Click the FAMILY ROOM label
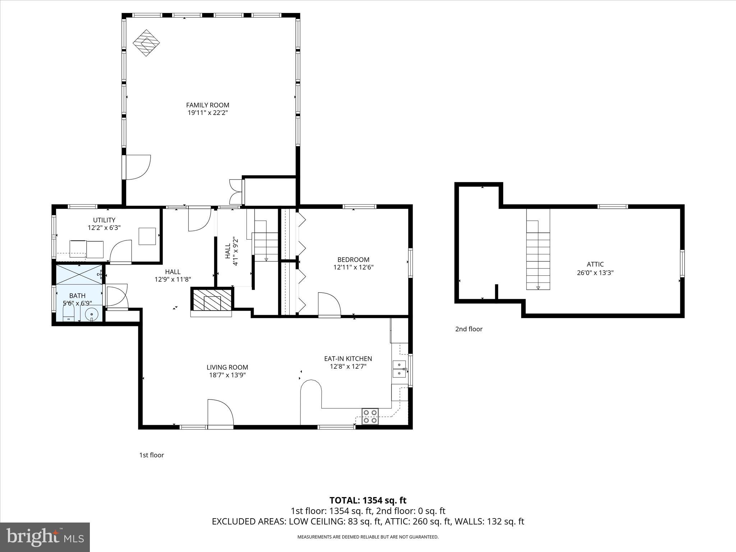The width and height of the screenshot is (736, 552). coord(207,105)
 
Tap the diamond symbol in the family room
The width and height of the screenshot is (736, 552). coord(146,42)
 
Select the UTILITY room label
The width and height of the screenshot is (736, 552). coord(104,220)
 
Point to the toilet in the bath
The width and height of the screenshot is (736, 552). coord(68,313)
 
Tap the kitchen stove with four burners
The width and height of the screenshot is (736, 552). coord(370,416)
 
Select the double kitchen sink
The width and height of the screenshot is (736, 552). coord(399,369)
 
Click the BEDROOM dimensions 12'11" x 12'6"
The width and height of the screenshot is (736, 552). coord(353,267)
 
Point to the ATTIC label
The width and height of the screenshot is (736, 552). coord(595,264)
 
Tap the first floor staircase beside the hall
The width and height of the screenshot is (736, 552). coord(266,246)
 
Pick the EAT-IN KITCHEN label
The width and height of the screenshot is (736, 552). coord(348,358)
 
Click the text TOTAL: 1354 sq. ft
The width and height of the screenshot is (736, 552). coord(368,500)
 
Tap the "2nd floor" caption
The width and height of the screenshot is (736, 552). coord(469,329)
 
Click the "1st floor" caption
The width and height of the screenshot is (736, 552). coord(151,455)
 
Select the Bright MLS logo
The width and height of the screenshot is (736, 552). coord(45,537)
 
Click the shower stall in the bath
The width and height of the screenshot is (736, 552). coord(79,275)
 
